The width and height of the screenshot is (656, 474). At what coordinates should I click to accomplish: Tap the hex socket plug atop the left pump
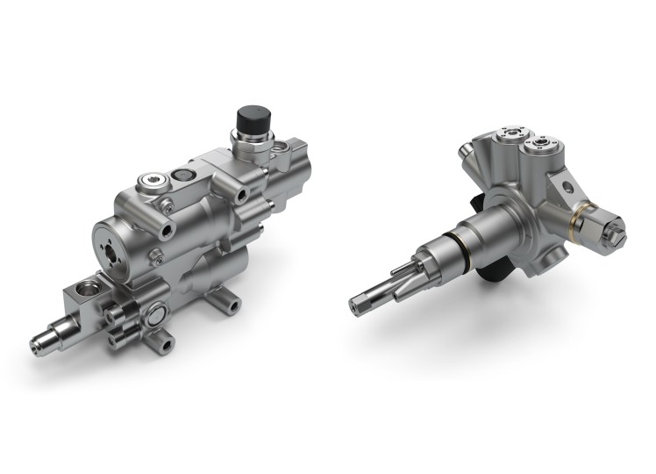coord(150,183)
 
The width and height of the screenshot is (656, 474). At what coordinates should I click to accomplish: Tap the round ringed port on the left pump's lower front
coord(157,313)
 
